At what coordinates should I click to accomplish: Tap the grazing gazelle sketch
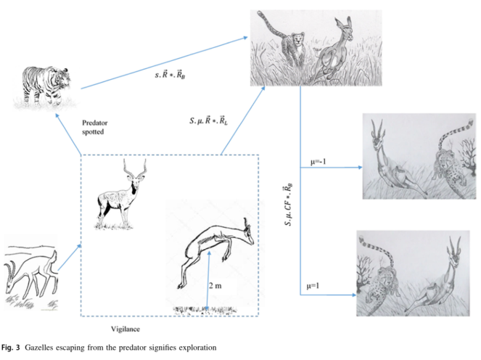[30, 273]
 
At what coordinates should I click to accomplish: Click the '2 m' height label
[215, 285]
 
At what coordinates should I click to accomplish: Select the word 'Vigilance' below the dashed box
[126, 329]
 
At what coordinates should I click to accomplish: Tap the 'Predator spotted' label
[94, 127]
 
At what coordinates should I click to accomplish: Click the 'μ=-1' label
[318, 161]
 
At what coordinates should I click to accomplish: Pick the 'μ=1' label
[313, 286]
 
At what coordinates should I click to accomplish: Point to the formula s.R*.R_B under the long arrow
[170, 75]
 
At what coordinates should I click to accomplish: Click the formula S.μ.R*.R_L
[209, 120]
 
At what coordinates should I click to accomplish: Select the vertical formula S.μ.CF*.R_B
[288, 205]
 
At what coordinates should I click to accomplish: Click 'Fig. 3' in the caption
[10, 348]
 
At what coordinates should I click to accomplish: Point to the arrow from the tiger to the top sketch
[164, 63]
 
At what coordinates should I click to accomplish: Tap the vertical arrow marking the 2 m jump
[208, 280]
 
